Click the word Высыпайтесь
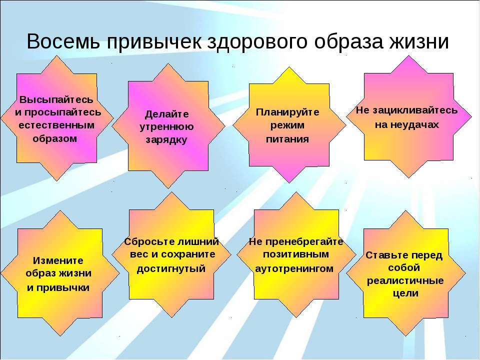click(x=56, y=99)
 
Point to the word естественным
click(x=56, y=125)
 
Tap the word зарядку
click(x=166, y=140)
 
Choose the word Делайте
click(x=167, y=114)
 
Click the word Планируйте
click(x=287, y=112)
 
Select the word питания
click(x=287, y=139)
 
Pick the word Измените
click(x=58, y=260)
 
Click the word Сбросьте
click(x=147, y=242)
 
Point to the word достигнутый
click(x=171, y=269)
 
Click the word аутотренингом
click(x=294, y=269)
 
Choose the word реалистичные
click(x=405, y=280)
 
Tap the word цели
click(x=405, y=293)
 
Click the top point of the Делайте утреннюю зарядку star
click(x=168, y=63)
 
